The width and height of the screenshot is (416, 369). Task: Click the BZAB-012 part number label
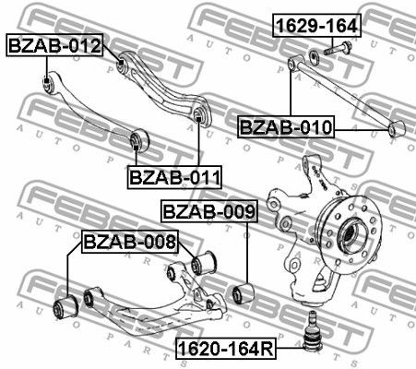(53, 45)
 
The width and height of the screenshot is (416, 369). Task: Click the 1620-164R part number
(228, 350)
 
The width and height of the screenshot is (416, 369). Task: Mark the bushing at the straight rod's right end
(398, 129)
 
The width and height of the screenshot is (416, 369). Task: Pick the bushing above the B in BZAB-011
(138, 139)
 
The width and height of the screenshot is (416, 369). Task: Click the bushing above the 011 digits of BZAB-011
(199, 115)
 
